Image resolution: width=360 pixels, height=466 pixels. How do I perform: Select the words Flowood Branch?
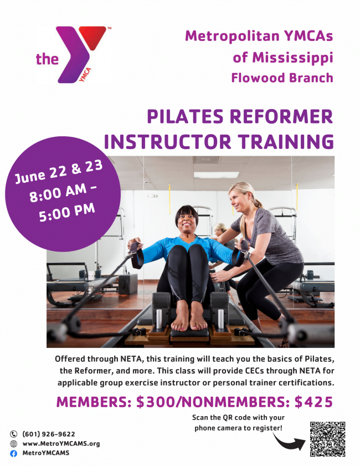pyautogui.click(x=282, y=78)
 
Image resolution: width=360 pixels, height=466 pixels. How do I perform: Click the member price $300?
pyautogui.click(x=160, y=403)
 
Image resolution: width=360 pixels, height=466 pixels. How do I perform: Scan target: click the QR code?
pyautogui.click(x=327, y=439)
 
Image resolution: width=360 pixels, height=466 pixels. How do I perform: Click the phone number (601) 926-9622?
pyautogui.click(x=49, y=434)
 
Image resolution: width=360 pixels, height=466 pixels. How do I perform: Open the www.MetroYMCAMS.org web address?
pyautogui.click(x=61, y=443)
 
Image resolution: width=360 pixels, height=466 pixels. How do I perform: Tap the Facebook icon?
pyautogui.click(x=14, y=453)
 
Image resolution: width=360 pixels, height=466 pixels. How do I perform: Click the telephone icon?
pyautogui.click(x=14, y=434)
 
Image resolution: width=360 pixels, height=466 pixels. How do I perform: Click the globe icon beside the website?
pyautogui.click(x=14, y=443)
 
